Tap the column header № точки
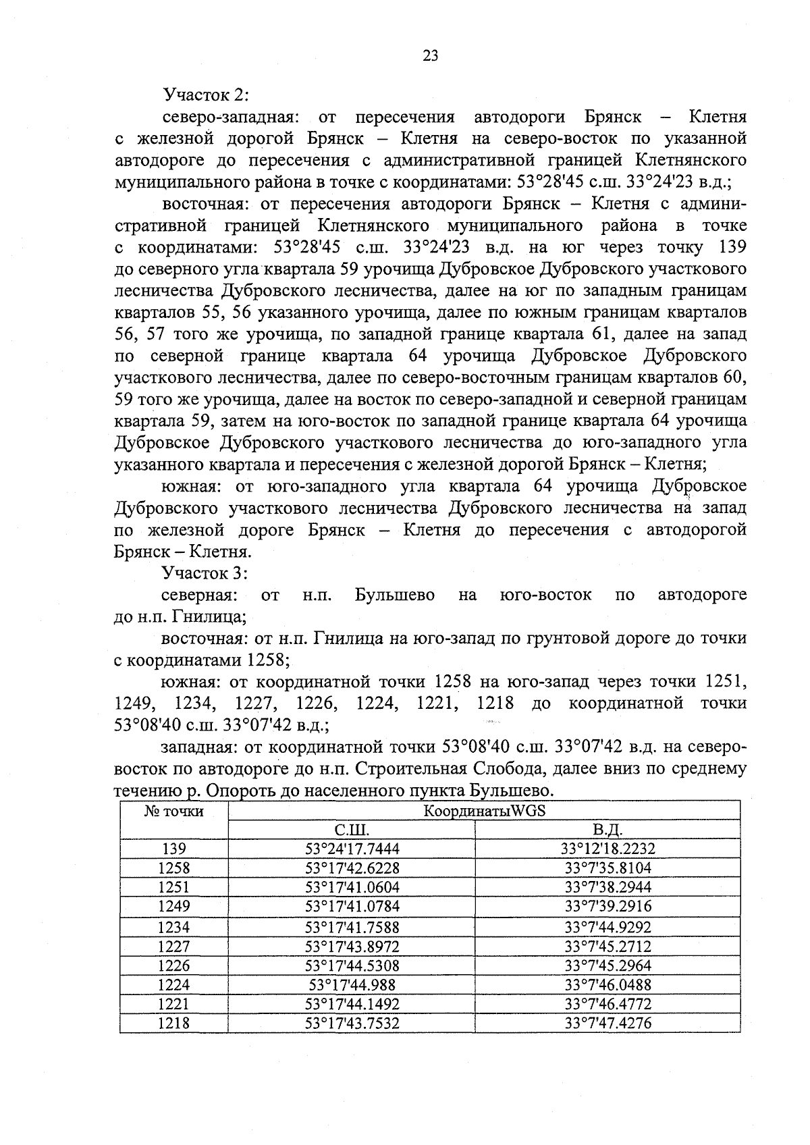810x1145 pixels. click(174, 811)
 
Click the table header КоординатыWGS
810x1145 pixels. click(484, 811)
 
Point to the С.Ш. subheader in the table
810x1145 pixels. click(352, 830)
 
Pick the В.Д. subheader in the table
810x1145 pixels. click(607, 830)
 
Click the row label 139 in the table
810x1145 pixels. click(174, 849)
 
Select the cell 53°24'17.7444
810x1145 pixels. click(352, 849)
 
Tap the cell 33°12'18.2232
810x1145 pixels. click(609, 849)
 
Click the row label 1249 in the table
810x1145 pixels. click(174, 906)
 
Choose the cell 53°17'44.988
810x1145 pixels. click(352, 985)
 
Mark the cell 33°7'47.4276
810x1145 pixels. click(609, 1023)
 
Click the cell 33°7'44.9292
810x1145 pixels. click(609, 927)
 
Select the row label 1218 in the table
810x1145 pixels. click(174, 1023)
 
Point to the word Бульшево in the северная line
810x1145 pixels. click(394, 595)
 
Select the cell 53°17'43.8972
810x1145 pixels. click(352, 947)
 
